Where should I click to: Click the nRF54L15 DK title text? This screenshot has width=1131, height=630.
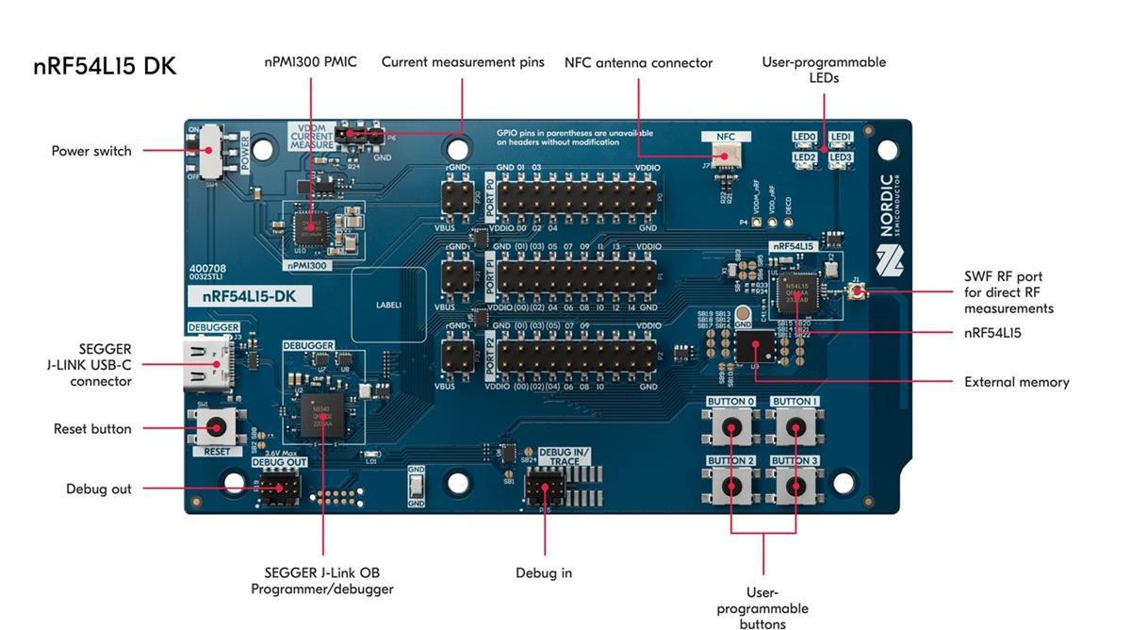[x=105, y=67]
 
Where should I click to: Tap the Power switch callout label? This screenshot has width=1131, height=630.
[x=91, y=151]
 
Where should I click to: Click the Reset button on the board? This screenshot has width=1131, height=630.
[x=217, y=426]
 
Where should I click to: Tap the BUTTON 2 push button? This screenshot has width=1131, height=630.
[x=730, y=486]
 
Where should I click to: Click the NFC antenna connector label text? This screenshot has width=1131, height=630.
[x=638, y=63]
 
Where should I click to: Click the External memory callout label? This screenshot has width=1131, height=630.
[x=1016, y=382]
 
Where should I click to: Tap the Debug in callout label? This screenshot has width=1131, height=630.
[x=543, y=572]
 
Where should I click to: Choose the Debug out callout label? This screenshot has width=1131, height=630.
[x=99, y=489]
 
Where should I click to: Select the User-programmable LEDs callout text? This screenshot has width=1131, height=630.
[x=824, y=70]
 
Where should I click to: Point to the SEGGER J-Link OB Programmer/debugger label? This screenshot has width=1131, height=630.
[x=321, y=581]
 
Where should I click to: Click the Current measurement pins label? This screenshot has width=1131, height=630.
[x=463, y=62]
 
